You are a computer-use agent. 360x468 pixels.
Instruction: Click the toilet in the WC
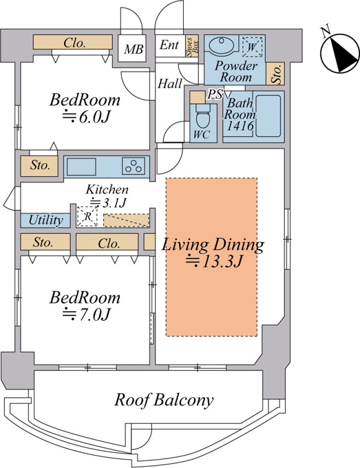(203, 118)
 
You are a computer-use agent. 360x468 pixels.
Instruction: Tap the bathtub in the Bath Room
(268, 116)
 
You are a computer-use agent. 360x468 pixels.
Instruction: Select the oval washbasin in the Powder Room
(220, 45)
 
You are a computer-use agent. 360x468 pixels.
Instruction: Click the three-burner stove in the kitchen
(134, 167)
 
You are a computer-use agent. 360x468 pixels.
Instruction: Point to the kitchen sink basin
(81, 167)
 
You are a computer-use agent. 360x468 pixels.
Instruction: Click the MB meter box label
(134, 49)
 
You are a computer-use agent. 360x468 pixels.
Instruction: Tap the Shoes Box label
(192, 47)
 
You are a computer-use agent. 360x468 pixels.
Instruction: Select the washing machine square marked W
(252, 47)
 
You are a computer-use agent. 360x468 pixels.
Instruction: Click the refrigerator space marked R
(87, 216)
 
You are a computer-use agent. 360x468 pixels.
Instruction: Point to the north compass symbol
(339, 52)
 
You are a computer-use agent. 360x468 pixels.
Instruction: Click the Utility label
(45, 220)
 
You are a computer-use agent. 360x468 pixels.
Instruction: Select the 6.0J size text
(87, 117)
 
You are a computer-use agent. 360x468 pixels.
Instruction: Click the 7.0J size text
(87, 314)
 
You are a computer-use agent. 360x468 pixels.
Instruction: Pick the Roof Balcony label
(164, 400)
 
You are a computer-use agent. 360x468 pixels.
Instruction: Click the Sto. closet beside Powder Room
(277, 74)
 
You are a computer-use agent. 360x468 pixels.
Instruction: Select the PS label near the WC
(215, 94)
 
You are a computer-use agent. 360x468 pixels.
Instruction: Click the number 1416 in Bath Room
(240, 126)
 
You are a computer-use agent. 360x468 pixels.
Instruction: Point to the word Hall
(169, 83)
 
